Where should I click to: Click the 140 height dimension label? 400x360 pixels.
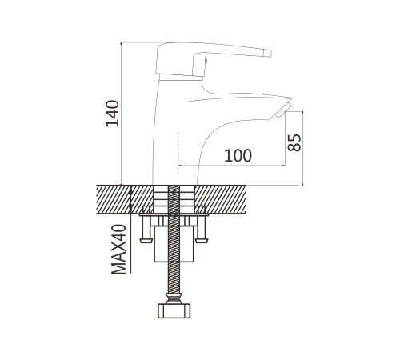tap(112, 114)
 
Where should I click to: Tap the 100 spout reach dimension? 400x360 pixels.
tap(238, 155)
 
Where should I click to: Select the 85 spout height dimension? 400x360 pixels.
tap(294, 142)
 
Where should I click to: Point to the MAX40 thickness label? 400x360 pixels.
tap(118, 250)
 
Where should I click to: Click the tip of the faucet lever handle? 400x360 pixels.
tap(270, 54)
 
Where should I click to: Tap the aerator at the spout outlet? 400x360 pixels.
tap(283, 110)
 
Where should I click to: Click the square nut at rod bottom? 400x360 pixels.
tap(174, 311)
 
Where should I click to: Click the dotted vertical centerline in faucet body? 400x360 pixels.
tap(178, 153)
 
